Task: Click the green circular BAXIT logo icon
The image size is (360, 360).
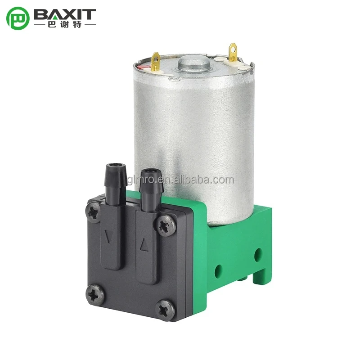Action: point(18,18)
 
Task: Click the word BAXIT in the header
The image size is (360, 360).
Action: point(65,14)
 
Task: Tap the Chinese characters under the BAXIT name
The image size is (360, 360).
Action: point(65,24)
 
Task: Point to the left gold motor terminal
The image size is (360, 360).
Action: point(155,61)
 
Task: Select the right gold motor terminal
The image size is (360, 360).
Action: point(233,52)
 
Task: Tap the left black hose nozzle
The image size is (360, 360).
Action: point(115,184)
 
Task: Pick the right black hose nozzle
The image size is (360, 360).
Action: point(151,189)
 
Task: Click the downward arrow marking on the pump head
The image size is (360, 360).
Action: point(108,237)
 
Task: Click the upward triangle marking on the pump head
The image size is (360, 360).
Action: point(144,245)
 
